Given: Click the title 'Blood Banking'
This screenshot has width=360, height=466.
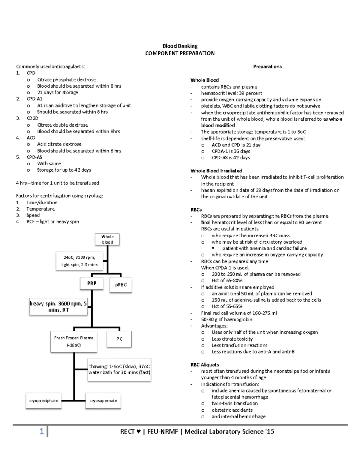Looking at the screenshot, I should click(180, 46).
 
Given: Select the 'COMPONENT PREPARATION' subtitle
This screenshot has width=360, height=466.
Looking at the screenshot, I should click(180, 53).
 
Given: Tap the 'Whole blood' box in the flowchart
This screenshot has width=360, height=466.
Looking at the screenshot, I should click(107, 239).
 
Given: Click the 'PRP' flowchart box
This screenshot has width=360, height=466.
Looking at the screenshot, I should click(92, 283).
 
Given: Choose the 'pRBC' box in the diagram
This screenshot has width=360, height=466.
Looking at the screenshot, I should click(121, 285).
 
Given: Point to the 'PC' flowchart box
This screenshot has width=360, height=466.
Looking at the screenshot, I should click(119, 339).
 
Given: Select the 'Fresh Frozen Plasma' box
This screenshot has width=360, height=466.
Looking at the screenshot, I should click(74, 341).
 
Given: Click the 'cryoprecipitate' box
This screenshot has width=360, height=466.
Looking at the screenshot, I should click(44, 401).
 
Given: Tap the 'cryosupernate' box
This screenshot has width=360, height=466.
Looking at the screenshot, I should click(103, 401).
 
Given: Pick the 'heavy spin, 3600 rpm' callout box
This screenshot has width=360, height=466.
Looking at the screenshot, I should click(58, 307).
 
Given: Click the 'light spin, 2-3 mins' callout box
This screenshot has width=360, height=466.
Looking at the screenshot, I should click(79, 261).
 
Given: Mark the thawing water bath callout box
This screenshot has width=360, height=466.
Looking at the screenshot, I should click(119, 369).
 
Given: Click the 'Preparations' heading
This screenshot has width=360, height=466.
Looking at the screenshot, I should click(267, 67).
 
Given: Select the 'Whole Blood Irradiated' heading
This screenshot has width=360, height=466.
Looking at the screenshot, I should click(216, 171).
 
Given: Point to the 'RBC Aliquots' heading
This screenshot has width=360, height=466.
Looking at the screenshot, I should click(205, 365).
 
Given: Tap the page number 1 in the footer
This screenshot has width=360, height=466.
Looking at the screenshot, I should click(42, 432).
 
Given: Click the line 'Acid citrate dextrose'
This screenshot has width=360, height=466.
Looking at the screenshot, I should click(59, 144).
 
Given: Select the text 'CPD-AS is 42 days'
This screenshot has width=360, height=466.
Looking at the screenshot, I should click(231, 158).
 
